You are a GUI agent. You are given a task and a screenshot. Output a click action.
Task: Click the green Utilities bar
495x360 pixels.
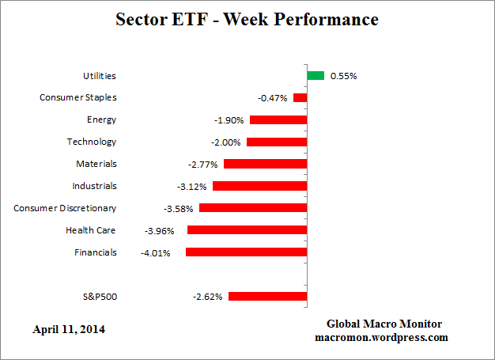[x=316, y=76]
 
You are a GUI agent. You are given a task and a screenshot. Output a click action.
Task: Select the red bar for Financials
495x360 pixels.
[x=246, y=252]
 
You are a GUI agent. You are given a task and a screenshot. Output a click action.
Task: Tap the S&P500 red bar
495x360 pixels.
[x=267, y=297]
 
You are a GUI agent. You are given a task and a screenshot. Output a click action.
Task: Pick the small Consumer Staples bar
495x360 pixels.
[x=300, y=98]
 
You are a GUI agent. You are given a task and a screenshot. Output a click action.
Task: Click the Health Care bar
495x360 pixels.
[x=247, y=230]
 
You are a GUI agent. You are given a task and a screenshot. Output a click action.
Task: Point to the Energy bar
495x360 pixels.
[x=278, y=120]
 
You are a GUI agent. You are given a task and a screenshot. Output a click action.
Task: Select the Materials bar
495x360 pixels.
[x=265, y=164]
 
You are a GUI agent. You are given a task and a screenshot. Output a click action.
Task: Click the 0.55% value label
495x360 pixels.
[x=343, y=76]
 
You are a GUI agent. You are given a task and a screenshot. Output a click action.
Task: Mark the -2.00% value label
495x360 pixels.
[x=228, y=142]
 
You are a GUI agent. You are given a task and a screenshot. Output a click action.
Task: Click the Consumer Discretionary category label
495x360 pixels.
[x=65, y=208]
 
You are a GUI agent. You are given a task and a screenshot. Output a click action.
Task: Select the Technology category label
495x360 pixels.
[x=91, y=142]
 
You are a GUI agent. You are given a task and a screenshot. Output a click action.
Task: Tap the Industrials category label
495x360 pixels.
[x=93, y=186]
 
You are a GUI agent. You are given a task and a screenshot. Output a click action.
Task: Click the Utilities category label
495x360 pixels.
[x=100, y=76]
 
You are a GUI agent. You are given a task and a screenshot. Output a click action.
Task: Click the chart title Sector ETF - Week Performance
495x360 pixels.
[x=247, y=19]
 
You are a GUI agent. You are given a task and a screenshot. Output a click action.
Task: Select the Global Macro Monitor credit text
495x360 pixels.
[x=384, y=324]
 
